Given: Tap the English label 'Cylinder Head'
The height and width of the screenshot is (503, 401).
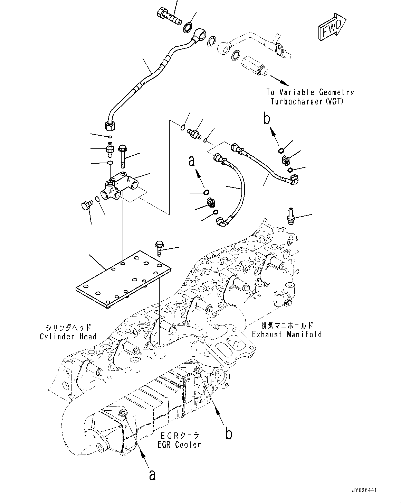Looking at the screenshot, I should pyautogui.click(x=68, y=337).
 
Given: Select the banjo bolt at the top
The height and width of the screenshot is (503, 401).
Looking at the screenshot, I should pyautogui.click(x=171, y=15).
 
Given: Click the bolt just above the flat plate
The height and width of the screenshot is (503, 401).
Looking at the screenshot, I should pyautogui.click(x=160, y=248).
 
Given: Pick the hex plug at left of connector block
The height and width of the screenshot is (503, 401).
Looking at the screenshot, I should pyautogui.click(x=85, y=205).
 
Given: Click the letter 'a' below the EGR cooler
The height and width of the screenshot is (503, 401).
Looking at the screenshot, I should pyautogui.click(x=152, y=475).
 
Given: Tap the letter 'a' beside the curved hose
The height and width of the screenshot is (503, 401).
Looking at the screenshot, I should pyautogui.click(x=192, y=161).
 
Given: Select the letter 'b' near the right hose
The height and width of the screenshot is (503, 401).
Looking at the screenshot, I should pyautogui.click(x=266, y=118).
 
